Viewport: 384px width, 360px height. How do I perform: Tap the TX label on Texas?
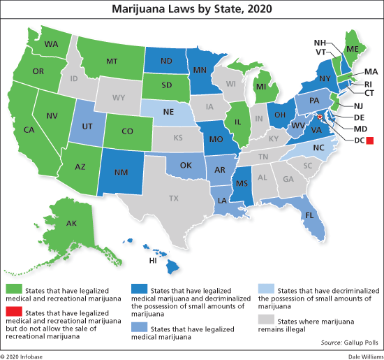click(x=174, y=199)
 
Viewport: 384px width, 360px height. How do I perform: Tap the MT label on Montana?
click(x=110, y=61)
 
